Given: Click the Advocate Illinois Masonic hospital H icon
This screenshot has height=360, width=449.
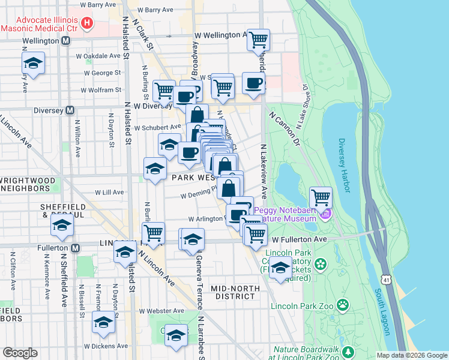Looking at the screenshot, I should click(x=88, y=23).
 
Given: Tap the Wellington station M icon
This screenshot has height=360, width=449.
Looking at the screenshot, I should click(x=66, y=41).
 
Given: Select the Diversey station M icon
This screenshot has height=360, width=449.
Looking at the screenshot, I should click(x=70, y=110).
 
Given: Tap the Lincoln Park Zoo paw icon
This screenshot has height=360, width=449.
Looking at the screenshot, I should click(x=343, y=305).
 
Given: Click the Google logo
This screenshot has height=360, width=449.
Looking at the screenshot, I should click(x=20, y=353).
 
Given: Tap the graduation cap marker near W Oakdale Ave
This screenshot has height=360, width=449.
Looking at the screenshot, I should click(x=33, y=63).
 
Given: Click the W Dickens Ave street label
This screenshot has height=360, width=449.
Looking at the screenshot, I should click(x=106, y=346).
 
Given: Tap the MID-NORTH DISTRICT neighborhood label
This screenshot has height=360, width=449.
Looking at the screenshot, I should click(x=235, y=292).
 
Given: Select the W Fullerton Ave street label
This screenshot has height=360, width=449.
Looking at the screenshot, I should click(x=297, y=239).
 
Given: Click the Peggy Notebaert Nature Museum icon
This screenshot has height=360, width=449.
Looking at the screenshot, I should click(x=326, y=213).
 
